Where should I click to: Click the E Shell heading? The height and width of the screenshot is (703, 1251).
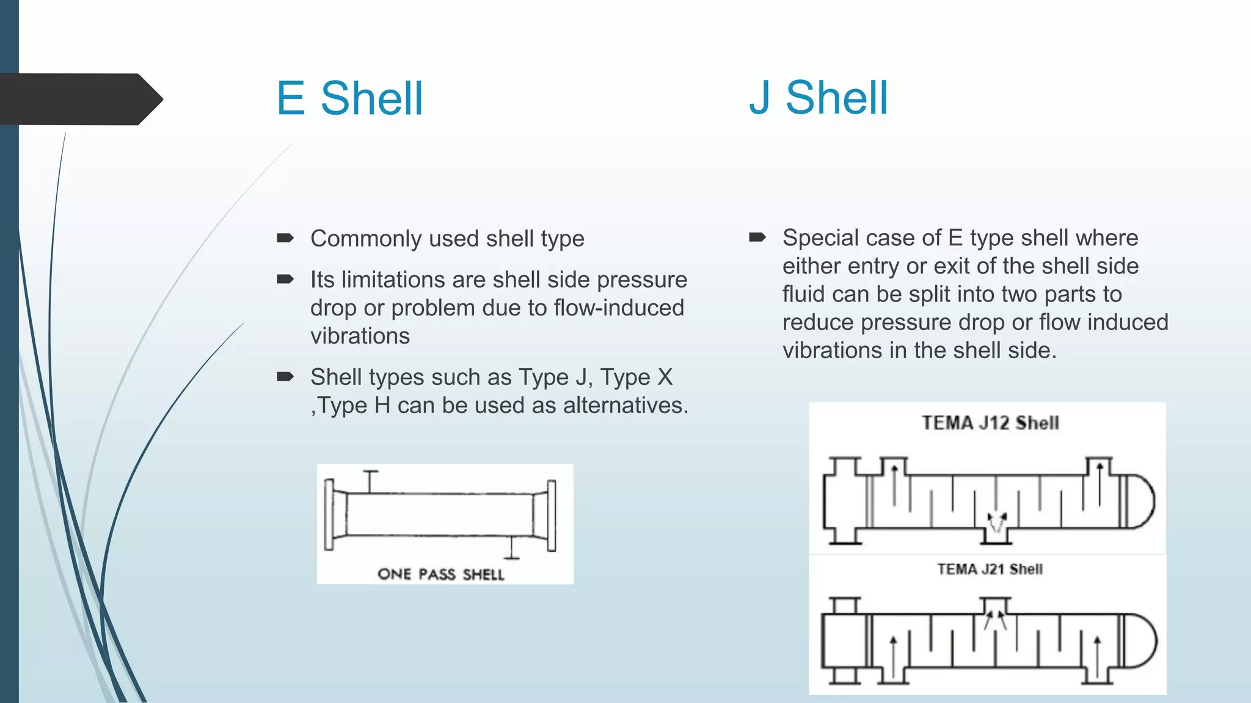click(x=349, y=98)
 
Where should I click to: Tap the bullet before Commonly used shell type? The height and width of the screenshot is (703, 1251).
click(x=285, y=238)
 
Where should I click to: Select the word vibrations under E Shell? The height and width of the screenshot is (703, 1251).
click(x=360, y=336)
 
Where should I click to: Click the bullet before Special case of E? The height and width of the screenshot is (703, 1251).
click(x=757, y=237)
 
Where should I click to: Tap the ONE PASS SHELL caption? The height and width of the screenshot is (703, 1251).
click(x=441, y=574)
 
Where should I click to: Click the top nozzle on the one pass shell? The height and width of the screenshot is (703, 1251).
click(x=370, y=481)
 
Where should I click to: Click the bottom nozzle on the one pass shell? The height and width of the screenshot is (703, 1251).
click(x=512, y=548)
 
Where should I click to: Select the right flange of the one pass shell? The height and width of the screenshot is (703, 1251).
click(x=551, y=516)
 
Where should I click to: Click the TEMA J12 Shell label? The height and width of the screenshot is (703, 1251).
click(x=990, y=423)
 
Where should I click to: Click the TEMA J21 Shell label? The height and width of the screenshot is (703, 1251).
click(x=990, y=569)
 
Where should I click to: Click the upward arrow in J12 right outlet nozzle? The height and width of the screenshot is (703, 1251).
click(x=1100, y=482)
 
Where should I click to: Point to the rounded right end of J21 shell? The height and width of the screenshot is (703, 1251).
click(x=1142, y=641)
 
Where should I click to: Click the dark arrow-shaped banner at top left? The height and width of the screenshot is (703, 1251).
click(x=79, y=99)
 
